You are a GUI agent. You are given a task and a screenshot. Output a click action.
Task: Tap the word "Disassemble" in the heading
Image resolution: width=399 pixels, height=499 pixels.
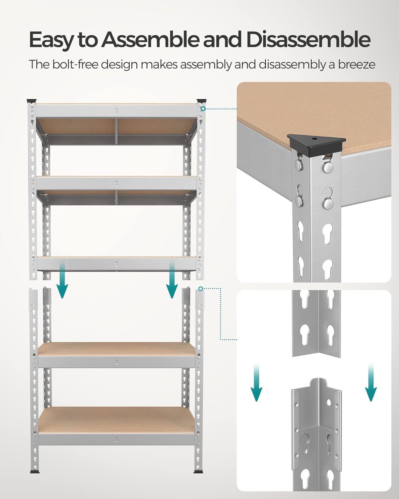308,40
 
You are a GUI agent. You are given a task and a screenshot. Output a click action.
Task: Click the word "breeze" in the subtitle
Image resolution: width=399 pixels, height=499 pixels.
356,64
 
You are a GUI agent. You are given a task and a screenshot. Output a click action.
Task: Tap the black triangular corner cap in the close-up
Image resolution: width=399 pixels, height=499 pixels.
316,142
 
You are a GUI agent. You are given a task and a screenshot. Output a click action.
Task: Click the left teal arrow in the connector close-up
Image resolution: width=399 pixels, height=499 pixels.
256,383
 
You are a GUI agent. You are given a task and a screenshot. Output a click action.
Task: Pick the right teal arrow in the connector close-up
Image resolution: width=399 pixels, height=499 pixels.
370,383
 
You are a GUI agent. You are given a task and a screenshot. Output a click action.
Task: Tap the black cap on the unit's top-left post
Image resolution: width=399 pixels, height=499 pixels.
32,100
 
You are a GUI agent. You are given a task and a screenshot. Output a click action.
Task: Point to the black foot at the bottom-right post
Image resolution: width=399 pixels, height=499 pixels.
198,471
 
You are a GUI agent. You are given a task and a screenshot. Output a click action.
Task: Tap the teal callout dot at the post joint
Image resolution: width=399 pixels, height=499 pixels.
200,288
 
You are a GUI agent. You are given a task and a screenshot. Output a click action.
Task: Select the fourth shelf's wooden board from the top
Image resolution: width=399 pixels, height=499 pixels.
116,349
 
